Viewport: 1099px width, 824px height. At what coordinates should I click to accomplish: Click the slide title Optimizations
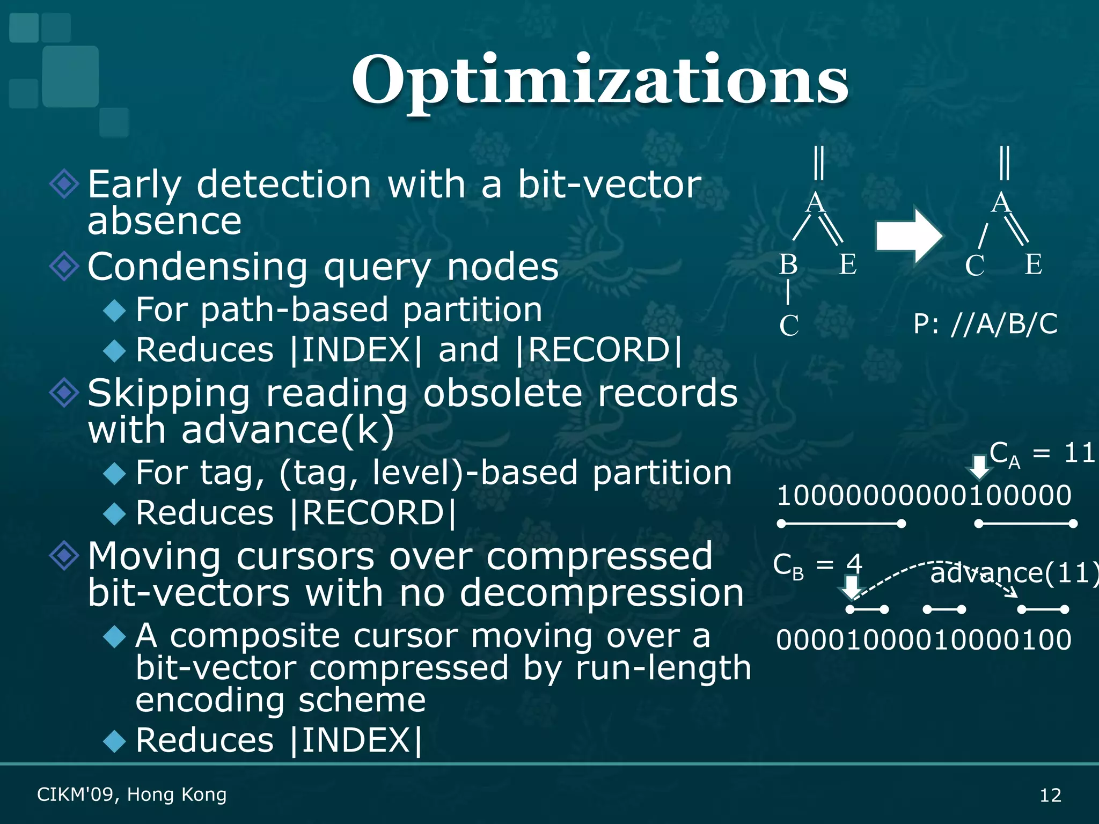point(599,80)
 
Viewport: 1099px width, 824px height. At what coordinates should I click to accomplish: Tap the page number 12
point(1050,794)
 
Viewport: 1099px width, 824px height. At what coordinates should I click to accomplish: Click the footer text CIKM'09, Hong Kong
point(131,794)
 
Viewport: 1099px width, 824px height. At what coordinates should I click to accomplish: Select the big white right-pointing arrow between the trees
point(908,236)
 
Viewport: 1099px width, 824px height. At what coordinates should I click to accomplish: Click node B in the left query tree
point(788,264)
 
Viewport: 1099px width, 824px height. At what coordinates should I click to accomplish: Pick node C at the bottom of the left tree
point(789,326)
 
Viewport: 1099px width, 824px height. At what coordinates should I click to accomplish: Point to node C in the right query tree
point(975,266)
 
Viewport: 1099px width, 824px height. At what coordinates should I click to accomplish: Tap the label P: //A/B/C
point(985,324)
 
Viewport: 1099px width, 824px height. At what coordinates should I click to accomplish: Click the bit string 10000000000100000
point(924,495)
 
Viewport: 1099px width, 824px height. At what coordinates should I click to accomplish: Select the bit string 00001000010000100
point(924,639)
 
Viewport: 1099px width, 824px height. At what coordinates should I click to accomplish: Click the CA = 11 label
point(1041,454)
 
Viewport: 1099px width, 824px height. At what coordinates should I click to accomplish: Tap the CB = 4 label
point(817,565)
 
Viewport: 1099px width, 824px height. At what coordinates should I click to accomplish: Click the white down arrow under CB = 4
point(851,587)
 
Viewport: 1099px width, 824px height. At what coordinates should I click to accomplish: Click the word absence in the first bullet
point(164,221)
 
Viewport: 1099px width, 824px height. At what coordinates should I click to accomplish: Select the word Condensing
point(197,267)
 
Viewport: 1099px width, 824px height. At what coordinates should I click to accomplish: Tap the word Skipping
point(168,394)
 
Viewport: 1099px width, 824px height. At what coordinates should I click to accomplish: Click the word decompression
point(602,593)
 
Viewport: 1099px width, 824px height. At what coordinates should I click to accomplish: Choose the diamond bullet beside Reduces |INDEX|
point(114,741)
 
